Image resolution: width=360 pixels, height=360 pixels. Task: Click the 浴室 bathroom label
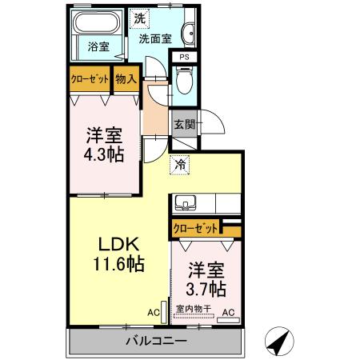(x=98, y=47)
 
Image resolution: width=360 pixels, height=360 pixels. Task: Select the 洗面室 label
(x=155, y=37)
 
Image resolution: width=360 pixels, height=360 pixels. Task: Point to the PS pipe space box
(x=184, y=57)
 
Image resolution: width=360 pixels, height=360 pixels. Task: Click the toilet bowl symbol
(x=183, y=80)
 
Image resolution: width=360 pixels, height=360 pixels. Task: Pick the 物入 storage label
(x=126, y=79)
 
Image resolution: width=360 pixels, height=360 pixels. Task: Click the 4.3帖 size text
(x=105, y=154)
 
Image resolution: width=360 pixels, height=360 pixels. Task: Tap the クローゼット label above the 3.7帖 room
(x=195, y=229)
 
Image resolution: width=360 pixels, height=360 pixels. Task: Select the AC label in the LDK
(x=153, y=313)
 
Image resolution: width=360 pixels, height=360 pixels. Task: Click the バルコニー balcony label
(x=157, y=342)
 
